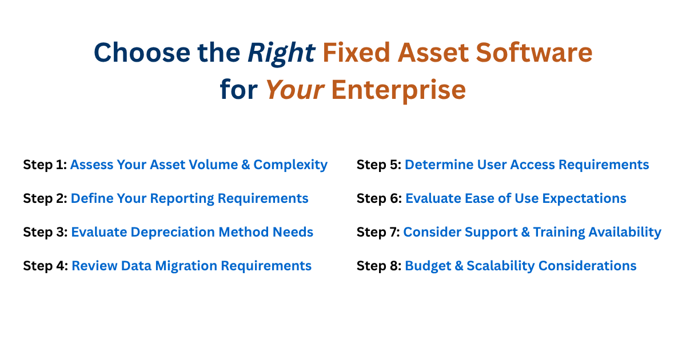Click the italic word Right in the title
[x=281, y=53]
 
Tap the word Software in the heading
[x=534, y=53]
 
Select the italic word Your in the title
[x=295, y=90]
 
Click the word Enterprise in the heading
[x=398, y=91]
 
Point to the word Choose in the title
[x=142, y=53]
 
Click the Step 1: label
[x=45, y=165]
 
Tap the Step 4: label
[x=46, y=266]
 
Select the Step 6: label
[x=379, y=199]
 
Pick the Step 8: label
[x=379, y=266]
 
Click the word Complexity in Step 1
[x=290, y=165]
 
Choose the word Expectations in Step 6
[x=584, y=199]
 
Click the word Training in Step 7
[x=559, y=233]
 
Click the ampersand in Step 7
[x=525, y=232]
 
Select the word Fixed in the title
[x=356, y=53]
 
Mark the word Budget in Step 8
[x=428, y=266]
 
